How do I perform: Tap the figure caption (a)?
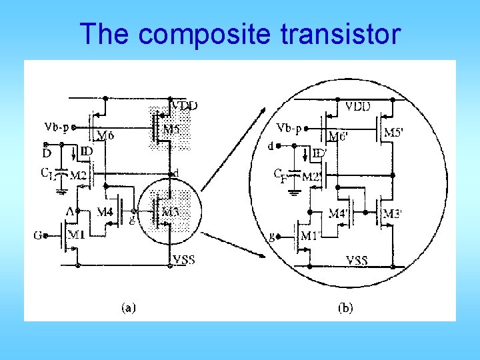click(x=129, y=307)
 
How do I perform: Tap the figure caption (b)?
click(x=345, y=307)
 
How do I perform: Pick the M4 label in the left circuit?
click(x=105, y=213)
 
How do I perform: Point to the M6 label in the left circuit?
click(x=105, y=136)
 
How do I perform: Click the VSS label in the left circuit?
click(x=183, y=259)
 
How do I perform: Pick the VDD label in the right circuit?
click(x=359, y=106)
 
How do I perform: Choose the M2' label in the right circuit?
click(x=312, y=177)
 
